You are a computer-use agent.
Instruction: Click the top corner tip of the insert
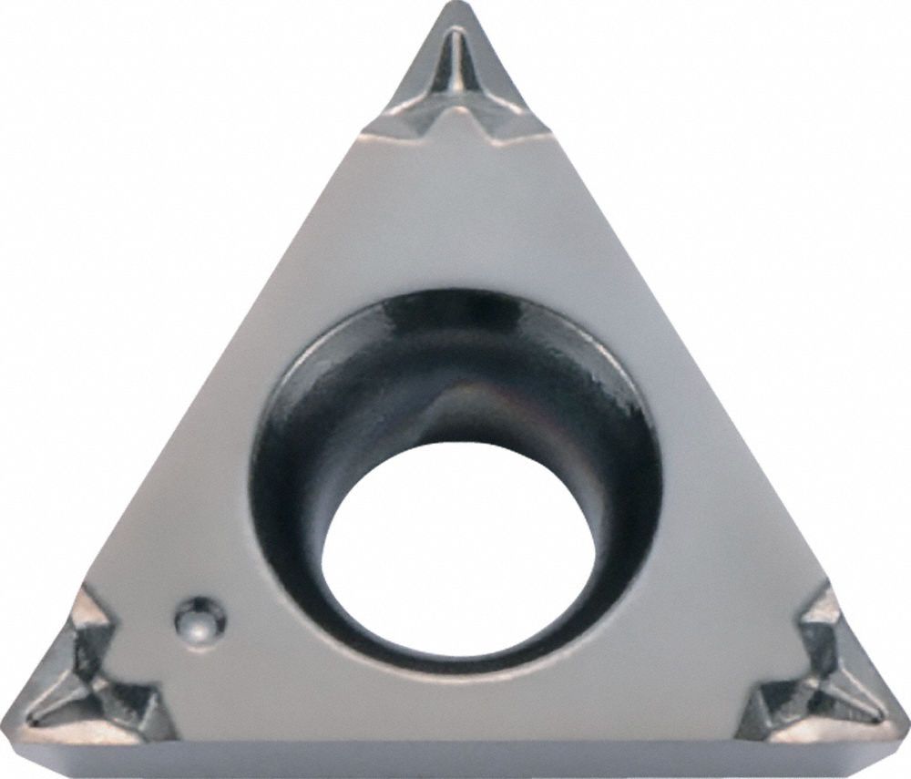[x=453, y=7]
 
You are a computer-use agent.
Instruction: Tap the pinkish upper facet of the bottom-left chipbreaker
[x=91, y=620]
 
